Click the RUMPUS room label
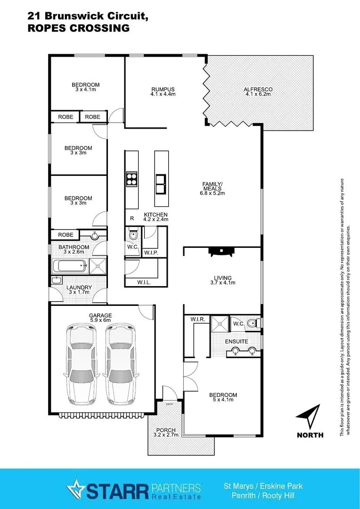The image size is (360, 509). [163, 89]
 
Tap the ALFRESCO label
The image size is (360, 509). [258, 89]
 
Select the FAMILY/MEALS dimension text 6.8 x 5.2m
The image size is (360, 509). [211, 193]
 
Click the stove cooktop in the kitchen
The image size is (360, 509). [131, 179]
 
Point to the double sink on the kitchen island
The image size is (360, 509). [161, 183]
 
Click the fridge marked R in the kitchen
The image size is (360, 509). [132, 218]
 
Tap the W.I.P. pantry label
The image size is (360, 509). [151, 253]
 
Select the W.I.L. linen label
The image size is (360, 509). [144, 282]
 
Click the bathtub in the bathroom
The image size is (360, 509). [70, 266]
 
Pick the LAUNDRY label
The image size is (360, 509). [79, 287]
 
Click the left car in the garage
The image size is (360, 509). [82, 361]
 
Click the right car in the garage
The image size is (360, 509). [120, 361]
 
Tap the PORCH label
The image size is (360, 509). [164, 430]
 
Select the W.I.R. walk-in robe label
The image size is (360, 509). [198, 320]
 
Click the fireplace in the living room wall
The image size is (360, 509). [221, 251]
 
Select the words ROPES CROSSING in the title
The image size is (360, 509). [79, 28]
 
